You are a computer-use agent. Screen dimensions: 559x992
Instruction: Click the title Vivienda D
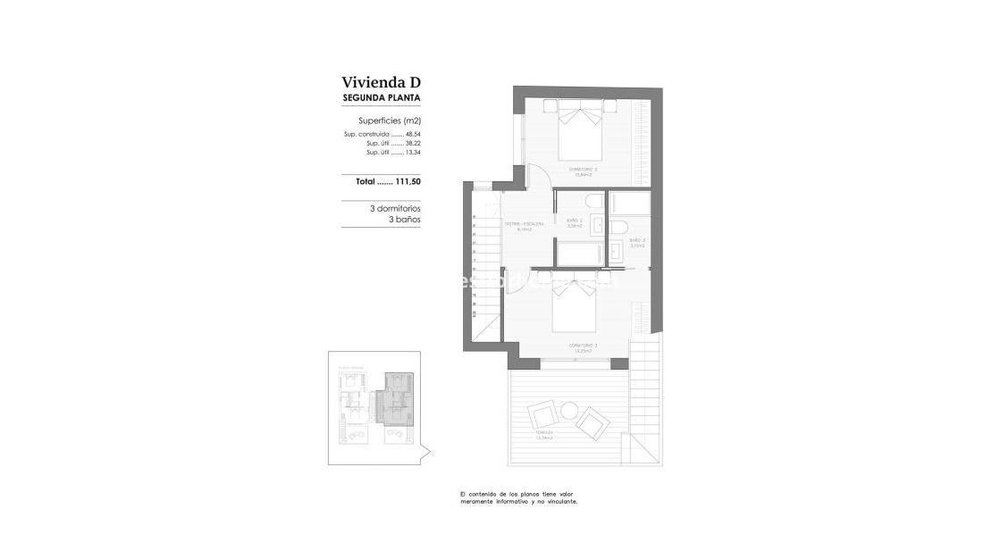[x=381, y=82]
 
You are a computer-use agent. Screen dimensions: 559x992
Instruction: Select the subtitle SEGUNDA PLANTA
[x=382, y=98]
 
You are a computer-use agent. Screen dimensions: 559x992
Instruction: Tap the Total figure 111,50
[x=402, y=181]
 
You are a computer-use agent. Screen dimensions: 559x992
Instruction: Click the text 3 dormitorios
[x=395, y=208]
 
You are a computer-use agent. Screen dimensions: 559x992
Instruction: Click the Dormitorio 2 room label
[x=583, y=170]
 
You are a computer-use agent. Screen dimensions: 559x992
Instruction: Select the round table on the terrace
[x=569, y=411]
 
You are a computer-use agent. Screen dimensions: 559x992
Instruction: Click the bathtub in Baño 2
[x=581, y=254]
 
